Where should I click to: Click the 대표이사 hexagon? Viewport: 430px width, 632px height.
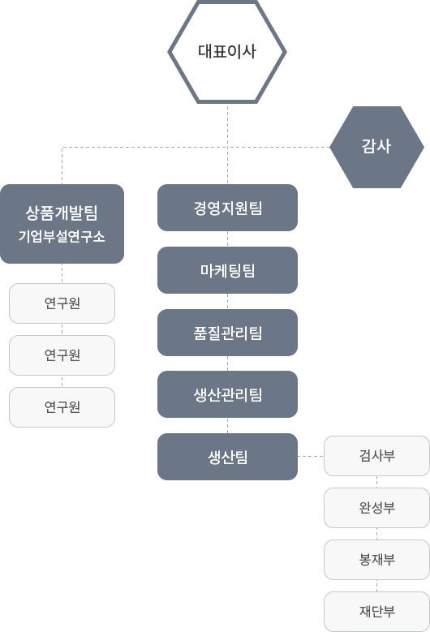(x=227, y=52)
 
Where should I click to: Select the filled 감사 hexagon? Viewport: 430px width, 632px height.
(x=376, y=147)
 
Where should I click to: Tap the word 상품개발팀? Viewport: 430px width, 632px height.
(x=62, y=213)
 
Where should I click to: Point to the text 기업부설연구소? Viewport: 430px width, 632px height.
(x=62, y=236)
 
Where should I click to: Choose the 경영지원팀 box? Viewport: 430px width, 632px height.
(x=227, y=208)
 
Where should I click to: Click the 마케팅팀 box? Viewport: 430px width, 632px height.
(x=227, y=270)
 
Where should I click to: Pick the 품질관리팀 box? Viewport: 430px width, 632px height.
(x=227, y=333)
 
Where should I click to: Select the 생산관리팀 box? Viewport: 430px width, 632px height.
(x=227, y=394)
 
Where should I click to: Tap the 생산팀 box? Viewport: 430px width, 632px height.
(x=227, y=457)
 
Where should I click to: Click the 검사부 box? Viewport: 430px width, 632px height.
(x=376, y=456)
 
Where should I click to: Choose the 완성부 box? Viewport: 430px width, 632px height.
(x=376, y=508)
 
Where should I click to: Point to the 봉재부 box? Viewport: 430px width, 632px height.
(x=376, y=560)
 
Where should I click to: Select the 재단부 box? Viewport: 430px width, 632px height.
(x=376, y=612)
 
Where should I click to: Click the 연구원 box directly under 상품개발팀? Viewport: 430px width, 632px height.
(x=62, y=303)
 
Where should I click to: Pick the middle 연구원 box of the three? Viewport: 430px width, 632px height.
(x=62, y=355)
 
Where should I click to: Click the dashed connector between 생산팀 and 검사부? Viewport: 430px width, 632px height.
(x=311, y=456)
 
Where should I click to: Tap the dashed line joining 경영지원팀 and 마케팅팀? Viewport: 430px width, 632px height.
(x=227, y=239)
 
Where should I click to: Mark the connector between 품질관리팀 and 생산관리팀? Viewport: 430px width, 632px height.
(x=227, y=363)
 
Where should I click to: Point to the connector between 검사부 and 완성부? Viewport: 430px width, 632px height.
(x=376, y=482)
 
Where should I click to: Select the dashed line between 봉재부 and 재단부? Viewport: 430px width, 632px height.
(x=376, y=586)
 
